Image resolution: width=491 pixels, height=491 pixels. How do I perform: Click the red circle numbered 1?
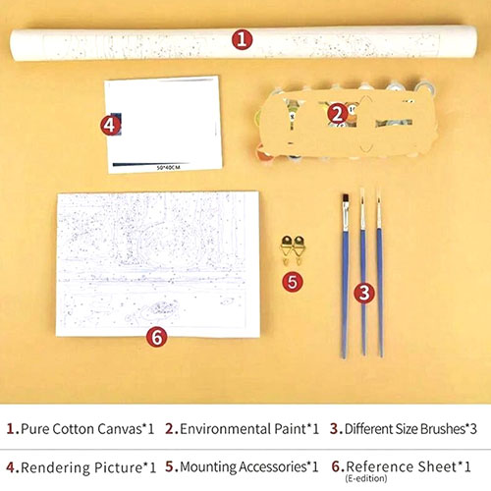pyautogui.click(x=243, y=39)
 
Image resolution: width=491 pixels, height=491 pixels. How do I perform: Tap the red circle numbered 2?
pyautogui.click(x=338, y=114)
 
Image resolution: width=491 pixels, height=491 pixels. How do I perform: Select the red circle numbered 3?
pyautogui.click(x=364, y=293)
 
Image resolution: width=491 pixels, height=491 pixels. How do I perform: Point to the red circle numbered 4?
pyautogui.click(x=111, y=126)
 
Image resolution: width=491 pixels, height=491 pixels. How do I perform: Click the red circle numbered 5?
pyautogui.click(x=293, y=282)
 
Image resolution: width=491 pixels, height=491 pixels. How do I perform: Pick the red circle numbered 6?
pyautogui.click(x=157, y=337)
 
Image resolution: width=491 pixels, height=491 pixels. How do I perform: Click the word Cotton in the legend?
pyautogui.click(x=73, y=429)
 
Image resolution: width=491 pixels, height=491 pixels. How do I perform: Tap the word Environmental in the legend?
pyautogui.click(x=226, y=429)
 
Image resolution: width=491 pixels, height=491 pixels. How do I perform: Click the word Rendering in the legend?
pyautogui.click(x=55, y=467)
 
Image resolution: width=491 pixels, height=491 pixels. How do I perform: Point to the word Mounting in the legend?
pyautogui.click(x=207, y=467)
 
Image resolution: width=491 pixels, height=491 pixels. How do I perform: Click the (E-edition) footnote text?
pyautogui.click(x=365, y=478)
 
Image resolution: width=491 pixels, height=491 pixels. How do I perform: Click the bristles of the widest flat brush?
pyautogui.click(x=346, y=199)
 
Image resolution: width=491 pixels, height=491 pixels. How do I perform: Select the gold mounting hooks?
pyautogui.click(x=293, y=250)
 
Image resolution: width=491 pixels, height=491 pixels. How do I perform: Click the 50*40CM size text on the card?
pyautogui.click(x=168, y=168)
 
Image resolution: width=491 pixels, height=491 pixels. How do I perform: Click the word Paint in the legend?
pyautogui.click(x=290, y=429)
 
